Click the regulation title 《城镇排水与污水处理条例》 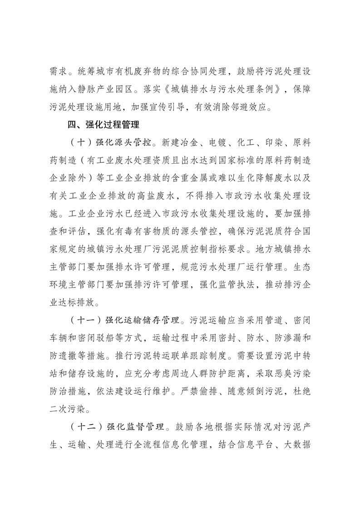(218, 88)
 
